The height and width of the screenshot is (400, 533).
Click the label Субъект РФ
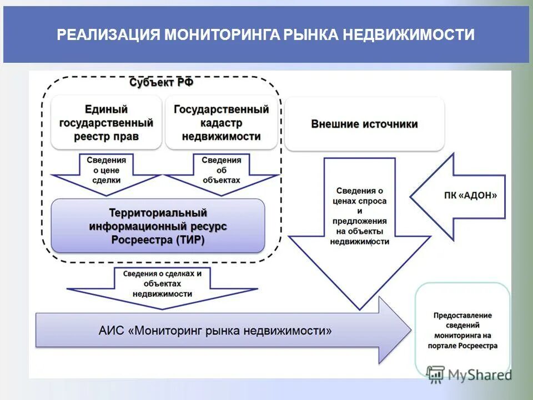(162, 83)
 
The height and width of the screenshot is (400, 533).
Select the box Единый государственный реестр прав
(106, 123)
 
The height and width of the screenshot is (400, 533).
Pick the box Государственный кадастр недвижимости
(221, 123)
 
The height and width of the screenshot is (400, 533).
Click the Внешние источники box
(364, 124)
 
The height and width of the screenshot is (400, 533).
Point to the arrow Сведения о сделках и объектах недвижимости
(162, 284)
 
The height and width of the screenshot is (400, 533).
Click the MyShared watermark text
(480, 375)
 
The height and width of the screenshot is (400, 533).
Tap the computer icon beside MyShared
(436, 374)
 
